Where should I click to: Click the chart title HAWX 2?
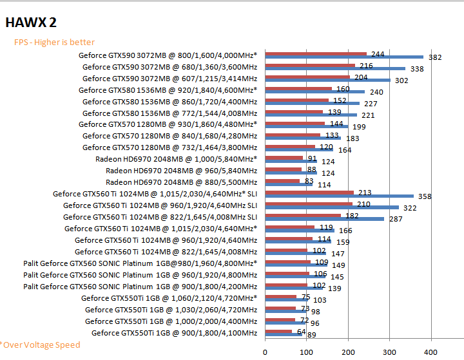click(31, 23)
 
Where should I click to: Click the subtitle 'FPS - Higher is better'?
click(54, 43)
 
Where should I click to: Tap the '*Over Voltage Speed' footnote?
click(41, 345)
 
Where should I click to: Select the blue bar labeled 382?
click(344, 57)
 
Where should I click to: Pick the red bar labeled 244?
click(316, 53)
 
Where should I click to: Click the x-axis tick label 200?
click(349, 352)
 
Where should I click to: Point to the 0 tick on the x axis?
click(266, 352)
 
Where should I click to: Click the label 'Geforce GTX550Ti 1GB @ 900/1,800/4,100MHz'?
click(174, 333)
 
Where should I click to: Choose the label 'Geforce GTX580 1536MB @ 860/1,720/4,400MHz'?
click(169, 101)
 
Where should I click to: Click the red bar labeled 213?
click(309, 193)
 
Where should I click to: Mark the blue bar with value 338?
click(335, 69)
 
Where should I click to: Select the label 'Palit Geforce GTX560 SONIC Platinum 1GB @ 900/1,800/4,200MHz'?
click(140, 287)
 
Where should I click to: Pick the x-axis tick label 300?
click(390, 352)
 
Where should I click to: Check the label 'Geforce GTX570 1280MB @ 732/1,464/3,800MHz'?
click(169, 147)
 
